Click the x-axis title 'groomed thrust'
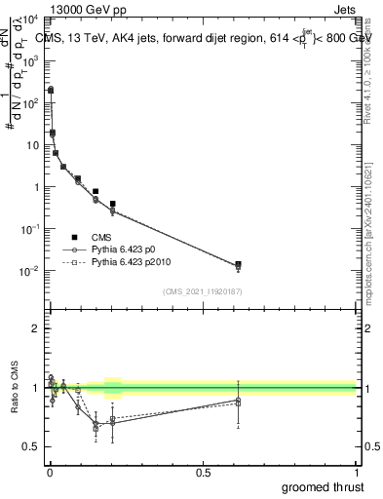click(x=325, y=486)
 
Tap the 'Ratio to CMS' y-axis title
click(x=15, y=388)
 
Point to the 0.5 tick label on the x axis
click(x=203, y=473)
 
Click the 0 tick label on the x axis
click(x=49, y=473)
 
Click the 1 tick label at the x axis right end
click(x=357, y=473)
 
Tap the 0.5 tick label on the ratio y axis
click(x=32, y=446)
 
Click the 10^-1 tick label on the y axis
click(x=29, y=229)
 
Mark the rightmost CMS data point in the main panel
click(x=239, y=264)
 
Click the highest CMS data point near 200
click(x=51, y=90)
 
